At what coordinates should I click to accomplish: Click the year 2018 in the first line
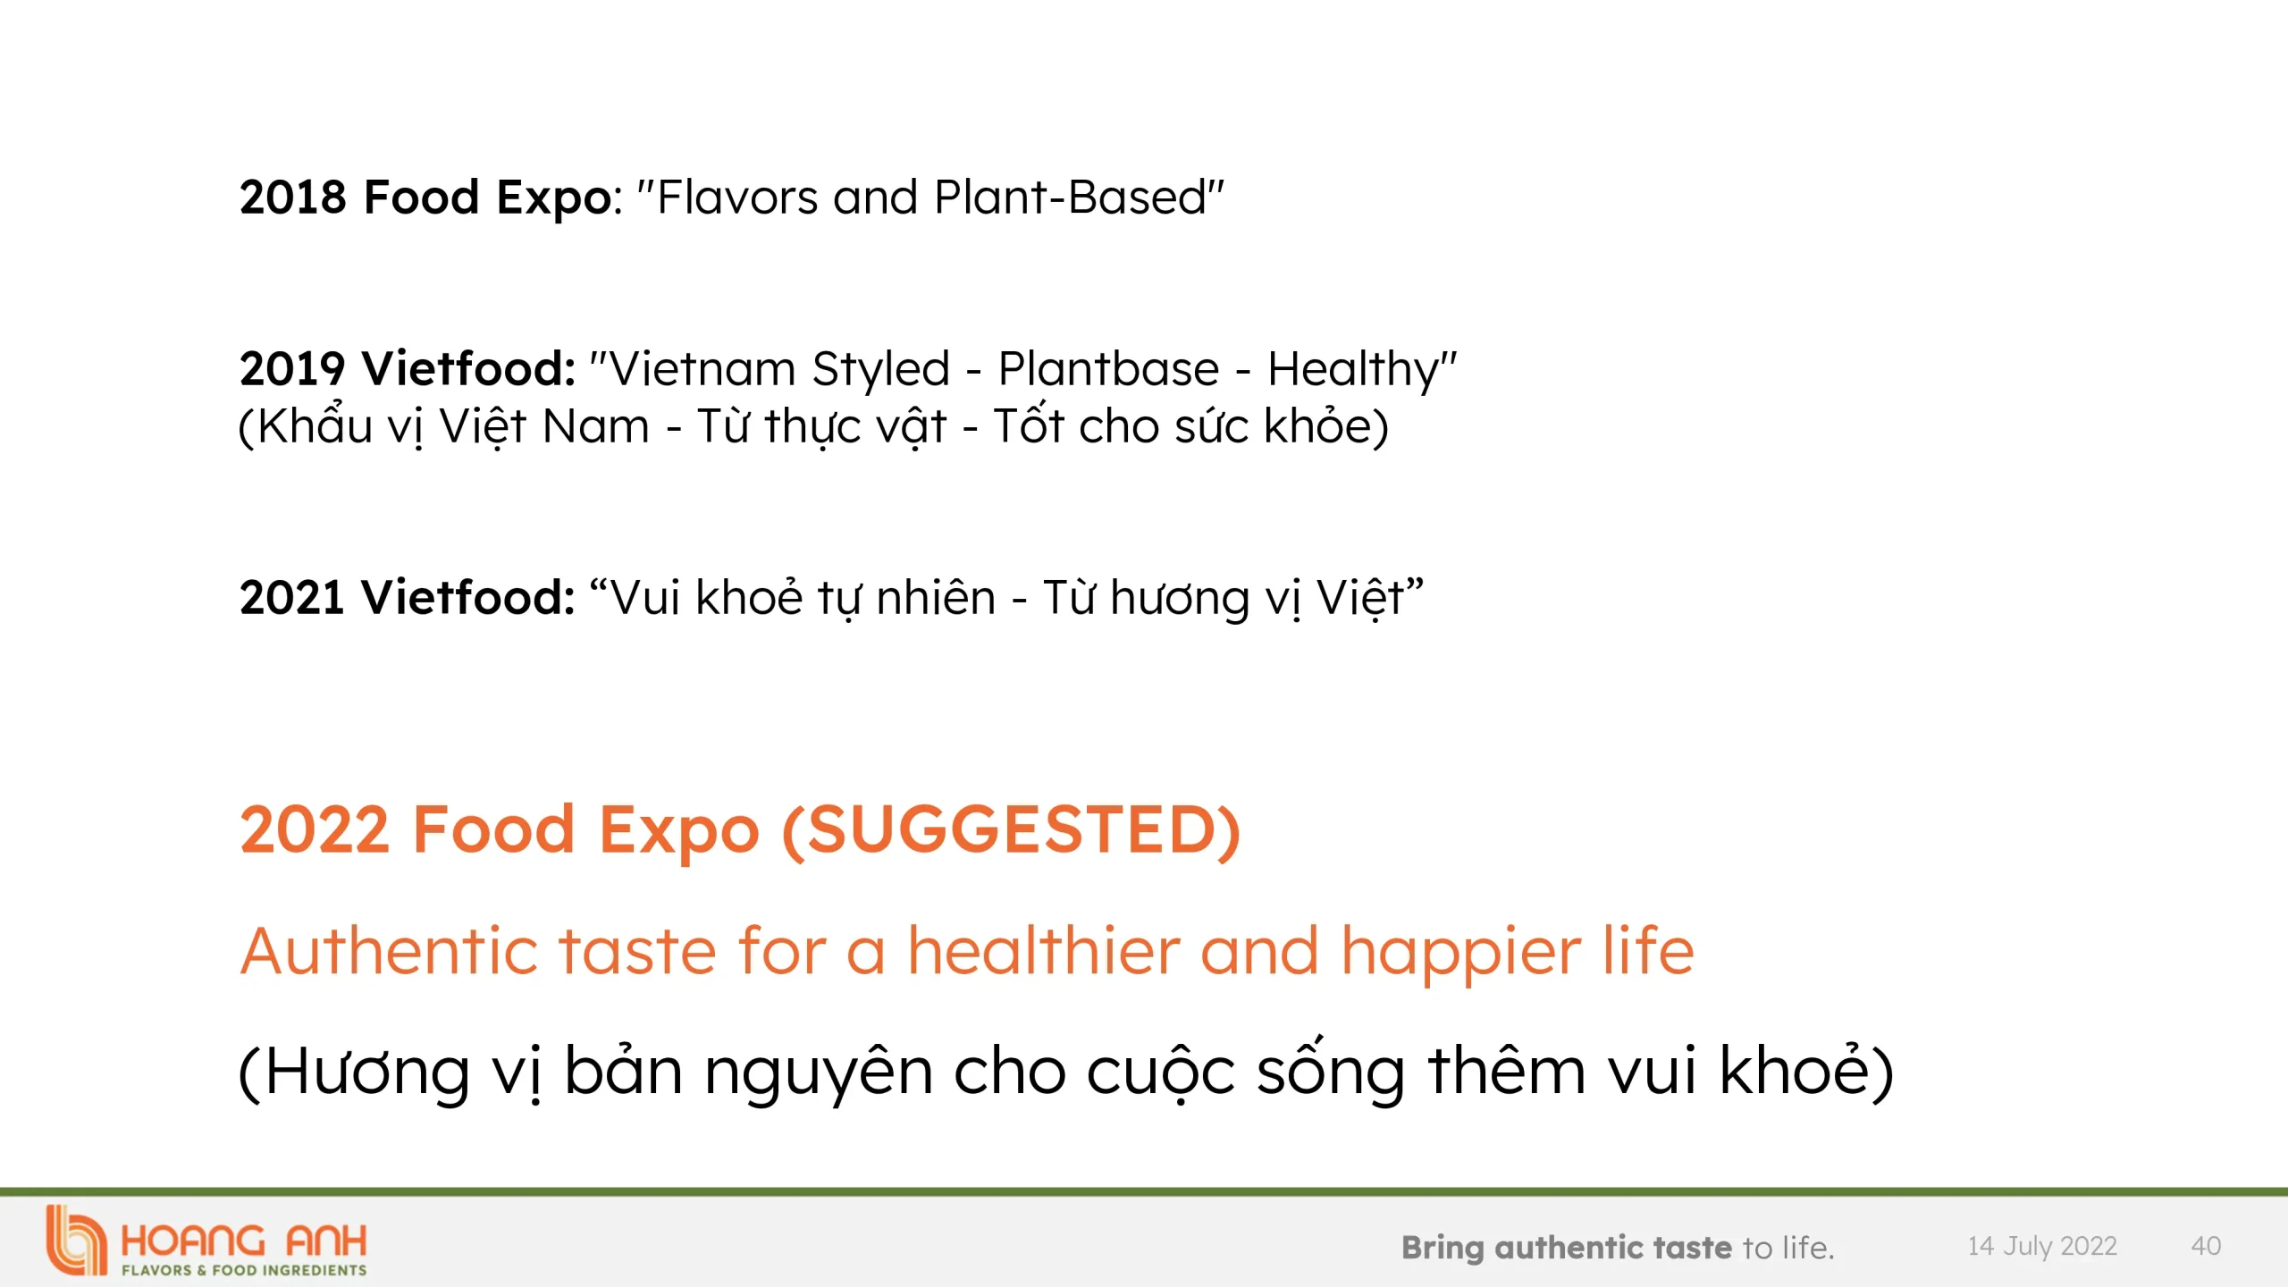293,197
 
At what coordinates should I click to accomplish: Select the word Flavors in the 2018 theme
737,197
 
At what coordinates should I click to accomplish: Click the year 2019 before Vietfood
292,368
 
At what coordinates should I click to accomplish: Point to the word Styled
881,370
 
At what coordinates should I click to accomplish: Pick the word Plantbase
1108,368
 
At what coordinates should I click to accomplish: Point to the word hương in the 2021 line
1180,599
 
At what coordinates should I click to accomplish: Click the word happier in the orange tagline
1461,953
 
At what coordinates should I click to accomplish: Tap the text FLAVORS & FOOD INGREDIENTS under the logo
244,1270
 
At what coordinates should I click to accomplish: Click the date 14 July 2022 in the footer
2042,1247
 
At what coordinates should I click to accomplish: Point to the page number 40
2206,1246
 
